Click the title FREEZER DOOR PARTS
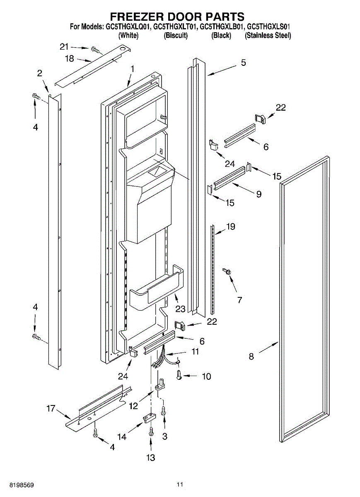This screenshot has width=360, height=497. (177, 17)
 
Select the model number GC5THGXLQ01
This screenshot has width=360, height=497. (129, 27)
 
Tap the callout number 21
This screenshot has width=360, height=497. (64, 46)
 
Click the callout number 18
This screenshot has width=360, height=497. (69, 59)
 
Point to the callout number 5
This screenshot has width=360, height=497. (243, 63)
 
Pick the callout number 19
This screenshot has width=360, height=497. (230, 227)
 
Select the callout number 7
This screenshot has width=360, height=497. (239, 300)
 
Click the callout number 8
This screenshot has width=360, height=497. (251, 356)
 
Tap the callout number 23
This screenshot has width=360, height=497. (179, 309)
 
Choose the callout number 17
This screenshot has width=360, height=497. (51, 409)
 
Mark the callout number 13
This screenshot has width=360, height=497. (150, 458)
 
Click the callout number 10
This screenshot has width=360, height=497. (206, 376)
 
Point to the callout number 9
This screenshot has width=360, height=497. (259, 193)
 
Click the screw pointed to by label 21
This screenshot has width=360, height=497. (96, 50)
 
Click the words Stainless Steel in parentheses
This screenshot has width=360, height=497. (268, 36)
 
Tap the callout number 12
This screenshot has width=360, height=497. (133, 406)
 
